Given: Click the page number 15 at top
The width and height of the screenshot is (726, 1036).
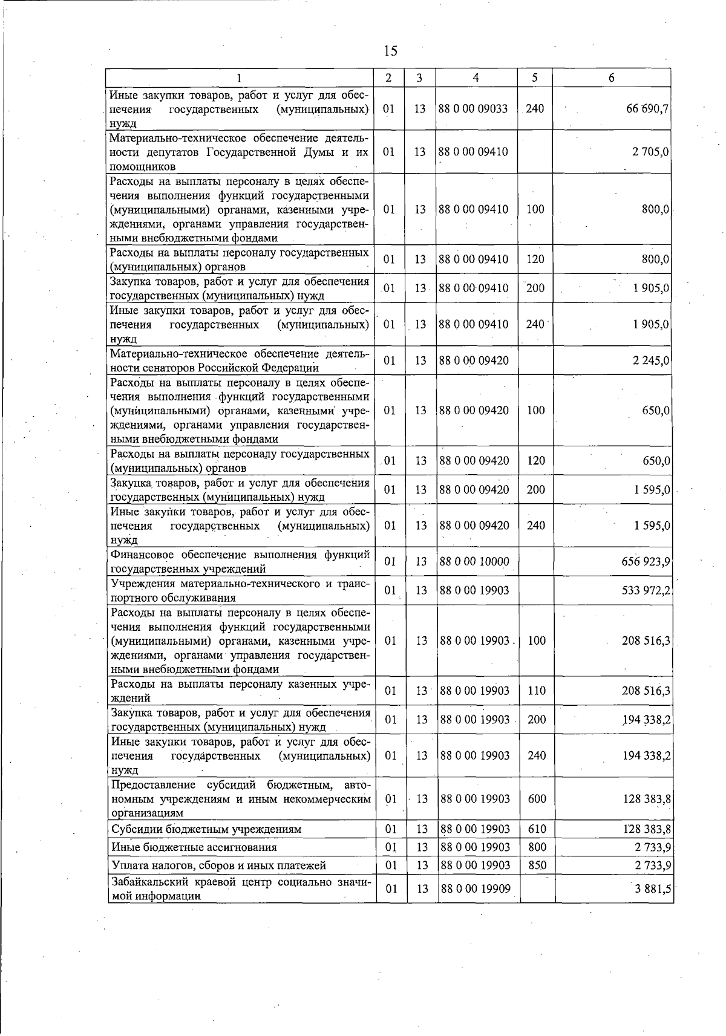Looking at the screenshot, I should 390,51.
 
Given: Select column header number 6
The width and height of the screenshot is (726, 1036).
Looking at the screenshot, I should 612,77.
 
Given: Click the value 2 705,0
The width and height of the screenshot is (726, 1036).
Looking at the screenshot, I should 650,152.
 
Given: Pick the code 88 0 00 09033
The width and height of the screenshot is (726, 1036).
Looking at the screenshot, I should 473,109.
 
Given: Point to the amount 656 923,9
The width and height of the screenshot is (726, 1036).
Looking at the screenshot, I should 646,562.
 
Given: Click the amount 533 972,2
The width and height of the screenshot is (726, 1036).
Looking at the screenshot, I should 646,590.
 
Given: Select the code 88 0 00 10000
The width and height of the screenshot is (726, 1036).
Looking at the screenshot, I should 474,562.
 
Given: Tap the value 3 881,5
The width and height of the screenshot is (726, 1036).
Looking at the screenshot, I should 652,889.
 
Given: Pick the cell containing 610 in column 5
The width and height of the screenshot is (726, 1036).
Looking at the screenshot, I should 537,829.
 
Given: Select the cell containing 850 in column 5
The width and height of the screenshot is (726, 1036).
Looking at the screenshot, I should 537,865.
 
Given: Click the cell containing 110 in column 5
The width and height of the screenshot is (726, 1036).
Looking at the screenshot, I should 537,691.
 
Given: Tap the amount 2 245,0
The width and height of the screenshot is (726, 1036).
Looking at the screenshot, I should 650,361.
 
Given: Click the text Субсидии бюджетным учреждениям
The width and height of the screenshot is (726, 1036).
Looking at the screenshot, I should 206,829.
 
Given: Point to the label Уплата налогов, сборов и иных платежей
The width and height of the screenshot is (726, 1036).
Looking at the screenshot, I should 218,865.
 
